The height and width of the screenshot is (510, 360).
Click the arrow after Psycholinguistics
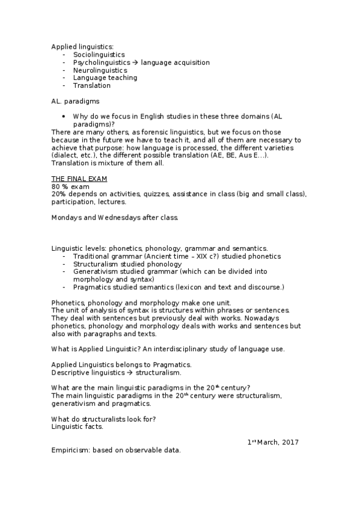(136, 63)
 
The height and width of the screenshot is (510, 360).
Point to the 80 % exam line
(70, 186)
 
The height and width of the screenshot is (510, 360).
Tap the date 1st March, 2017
(273, 443)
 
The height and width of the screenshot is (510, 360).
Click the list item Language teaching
(105, 78)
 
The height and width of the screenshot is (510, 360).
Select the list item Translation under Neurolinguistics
(92, 85)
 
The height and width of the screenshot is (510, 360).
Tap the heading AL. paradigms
(75, 101)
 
